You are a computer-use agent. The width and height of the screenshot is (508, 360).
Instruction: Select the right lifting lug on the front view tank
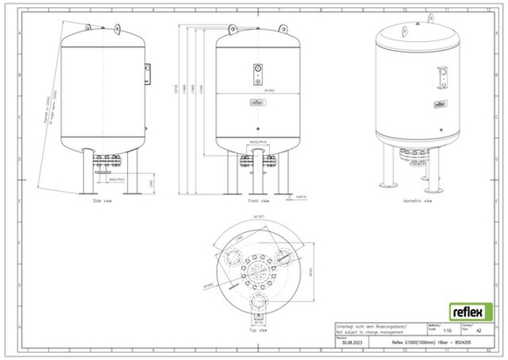(x=283, y=26)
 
